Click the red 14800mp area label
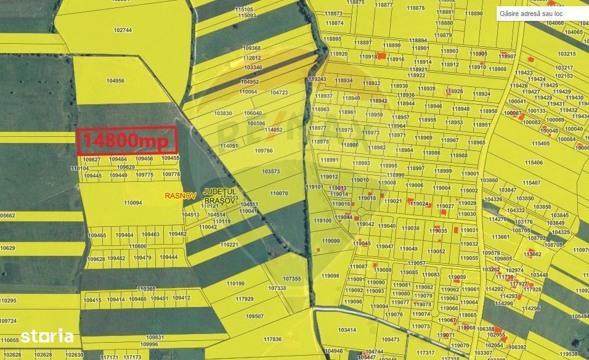click(127, 141)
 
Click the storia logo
click(47, 336)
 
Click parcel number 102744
click(123, 30)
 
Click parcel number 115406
click(534, 163)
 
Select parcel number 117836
click(272, 339)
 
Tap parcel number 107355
click(292, 279)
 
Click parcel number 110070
click(279, 193)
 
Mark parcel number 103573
click(270, 171)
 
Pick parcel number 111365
click(146, 288)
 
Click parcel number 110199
click(235, 284)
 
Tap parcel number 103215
click(566, 54)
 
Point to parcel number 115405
click(540, 143)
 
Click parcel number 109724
click(8, 321)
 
